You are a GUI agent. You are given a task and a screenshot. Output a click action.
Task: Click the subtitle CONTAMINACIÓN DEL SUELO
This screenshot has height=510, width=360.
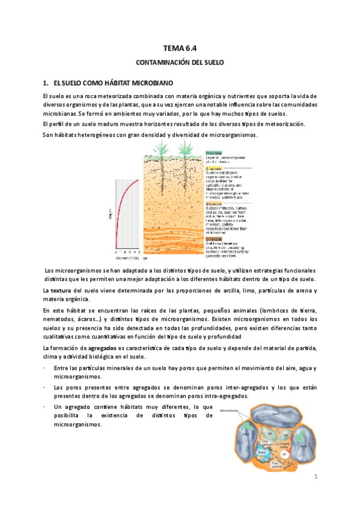click(180, 62)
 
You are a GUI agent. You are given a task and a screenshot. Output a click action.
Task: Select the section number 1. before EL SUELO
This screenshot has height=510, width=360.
click(45, 82)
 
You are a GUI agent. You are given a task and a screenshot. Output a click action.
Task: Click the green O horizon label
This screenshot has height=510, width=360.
click(214, 153)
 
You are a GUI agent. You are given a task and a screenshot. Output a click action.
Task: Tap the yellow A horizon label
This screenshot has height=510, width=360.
click(214, 169)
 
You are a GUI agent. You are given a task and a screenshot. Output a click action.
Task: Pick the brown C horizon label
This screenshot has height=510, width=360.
click(214, 238)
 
